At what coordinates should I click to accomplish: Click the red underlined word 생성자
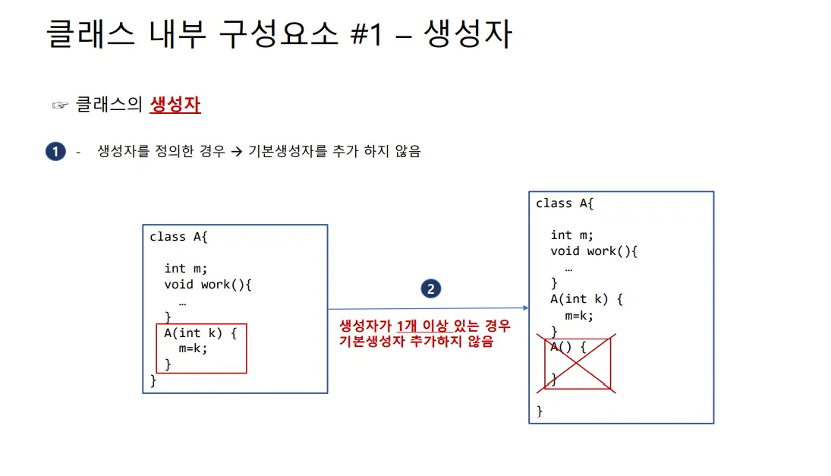click(175, 104)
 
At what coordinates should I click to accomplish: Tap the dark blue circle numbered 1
click(55, 152)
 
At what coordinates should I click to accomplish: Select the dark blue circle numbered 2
click(430, 288)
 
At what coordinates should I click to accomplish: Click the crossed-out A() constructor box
click(577, 364)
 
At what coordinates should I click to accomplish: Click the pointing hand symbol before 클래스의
click(60, 105)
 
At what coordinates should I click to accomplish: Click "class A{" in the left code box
click(178, 237)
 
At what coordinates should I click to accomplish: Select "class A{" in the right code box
click(565, 203)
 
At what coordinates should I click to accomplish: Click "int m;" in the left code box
click(186, 268)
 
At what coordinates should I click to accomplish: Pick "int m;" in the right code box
click(572, 235)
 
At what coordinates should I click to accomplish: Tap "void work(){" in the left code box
click(207, 285)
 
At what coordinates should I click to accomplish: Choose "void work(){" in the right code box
click(593, 251)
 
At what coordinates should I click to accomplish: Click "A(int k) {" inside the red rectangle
click(200, 333)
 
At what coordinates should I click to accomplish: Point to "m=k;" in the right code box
click(579, 315)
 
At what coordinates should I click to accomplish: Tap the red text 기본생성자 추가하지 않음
click(416, 342)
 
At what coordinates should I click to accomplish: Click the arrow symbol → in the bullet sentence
click(236, 152)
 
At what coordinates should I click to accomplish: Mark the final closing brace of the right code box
click(540, 411)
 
